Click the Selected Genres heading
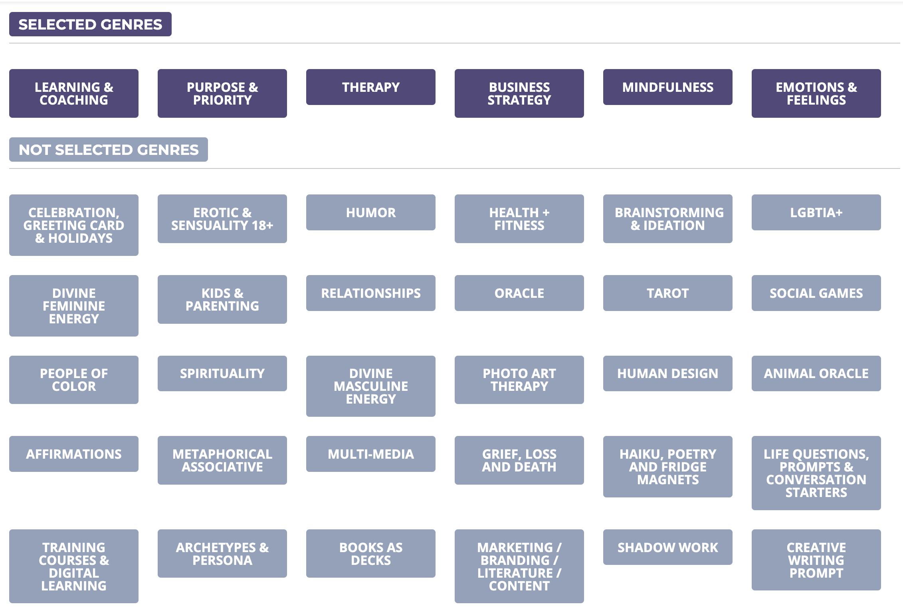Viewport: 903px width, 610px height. pyautogui.click(x=90, y=24)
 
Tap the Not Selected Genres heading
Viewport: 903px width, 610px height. pyautogui.click(x=108, y=150)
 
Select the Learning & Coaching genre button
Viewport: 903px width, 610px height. pyautogui.click(x=74, y=93)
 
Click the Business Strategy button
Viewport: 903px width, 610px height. pyautogui.click(x=519, y=93)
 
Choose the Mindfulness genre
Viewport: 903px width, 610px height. pyautogui.click(x=667, y=87)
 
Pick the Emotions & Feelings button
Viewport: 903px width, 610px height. pyautogui.click(x=816, y=93)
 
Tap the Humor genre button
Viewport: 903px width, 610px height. pyautogui.click(x=370, y=212)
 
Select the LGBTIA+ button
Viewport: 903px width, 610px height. pyautogui.click(x=816, y=212)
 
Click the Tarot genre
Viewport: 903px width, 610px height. pyautogui.click(x=667, y=293)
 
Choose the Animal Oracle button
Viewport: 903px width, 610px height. pyautogui.click(x=816, y=373)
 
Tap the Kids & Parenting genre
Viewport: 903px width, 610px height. pyautogui.click(x=222, y=299)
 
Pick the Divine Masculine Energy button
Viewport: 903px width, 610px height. pyautogui.click(x=370, y=386)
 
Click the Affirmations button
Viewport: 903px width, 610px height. pyautogui.click(x=74, y=454)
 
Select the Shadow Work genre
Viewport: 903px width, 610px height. pyautogui.click(x=667, y=547)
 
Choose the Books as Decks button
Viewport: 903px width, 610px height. pyautogui.click(x=370, y=554)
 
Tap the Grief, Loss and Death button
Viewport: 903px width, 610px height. pyautogui.click(x=519, y=460)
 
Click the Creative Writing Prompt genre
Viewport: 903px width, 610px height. pyautogui.click(x=816, y=560)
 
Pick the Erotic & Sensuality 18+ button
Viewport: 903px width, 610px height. pyautogui.click(x=222, y=219)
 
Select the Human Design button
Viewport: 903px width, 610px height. pyautogui.click(x=667, y=373)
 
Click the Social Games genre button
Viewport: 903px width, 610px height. pyautogui.click(x=816, y=293)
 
